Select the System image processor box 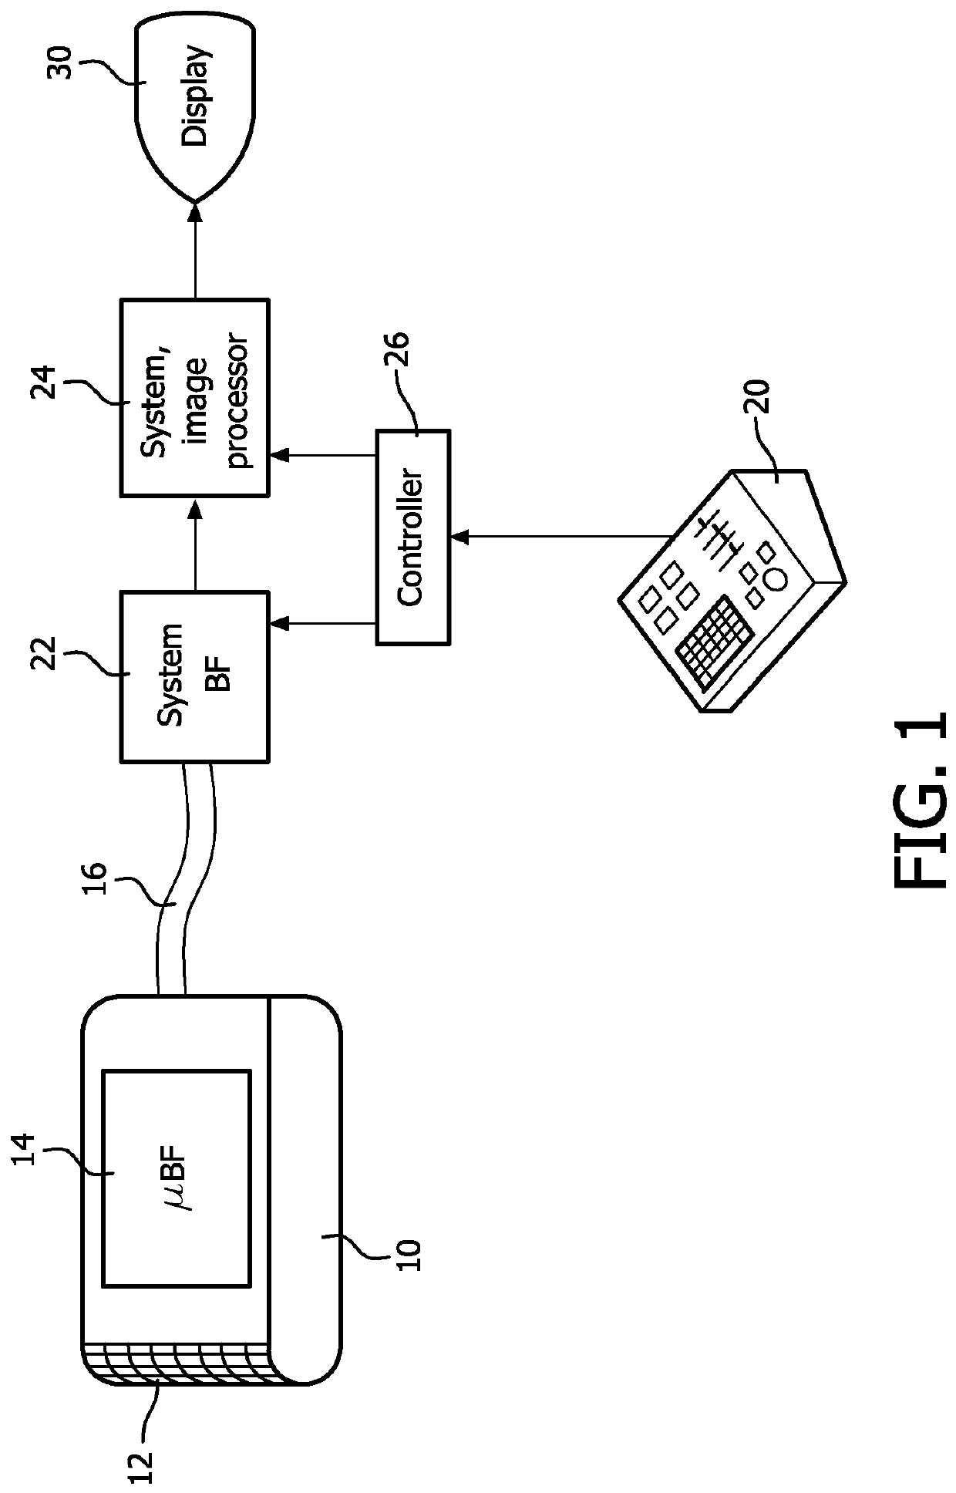[x=195, y=397]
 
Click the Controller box [x=412, y=537]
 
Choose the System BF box [x=195, y=677]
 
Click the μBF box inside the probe [x=177, y=1178]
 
